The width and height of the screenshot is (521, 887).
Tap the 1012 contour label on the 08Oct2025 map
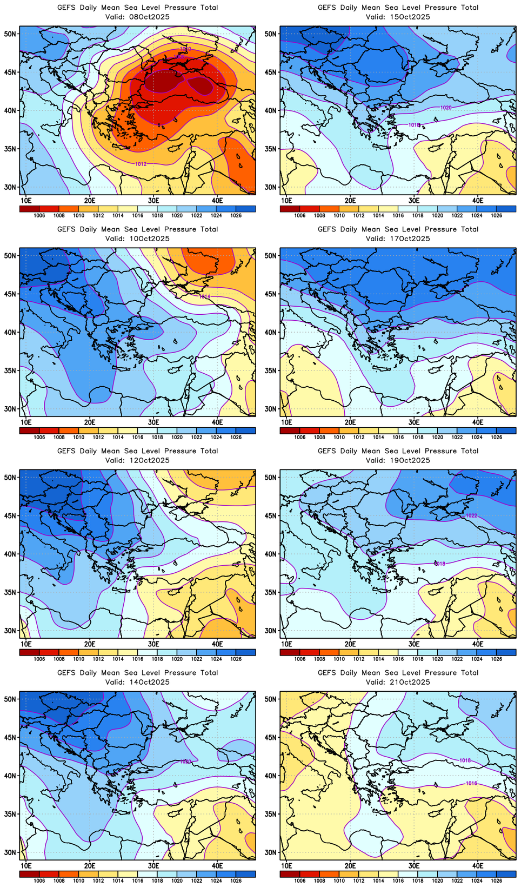tap(141, 163)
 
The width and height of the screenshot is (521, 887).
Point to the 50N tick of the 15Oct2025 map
tap(271, 34)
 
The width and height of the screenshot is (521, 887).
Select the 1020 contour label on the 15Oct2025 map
tap(445, 108)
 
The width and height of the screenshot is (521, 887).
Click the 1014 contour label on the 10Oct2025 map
tap(204, 296)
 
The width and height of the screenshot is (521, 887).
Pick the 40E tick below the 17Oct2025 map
tap(478, 422)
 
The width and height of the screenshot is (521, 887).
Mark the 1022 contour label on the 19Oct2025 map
tap(471, 515)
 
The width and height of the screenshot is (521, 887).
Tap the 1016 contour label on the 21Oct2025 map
tap(471, 783)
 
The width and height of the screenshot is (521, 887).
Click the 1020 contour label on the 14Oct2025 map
tap(185, 761)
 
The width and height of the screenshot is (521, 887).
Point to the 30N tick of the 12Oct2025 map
tap(10, 631)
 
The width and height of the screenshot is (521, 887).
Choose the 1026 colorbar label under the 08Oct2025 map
tap(236, 215)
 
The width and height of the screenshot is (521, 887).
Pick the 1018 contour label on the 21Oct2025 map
tap(465, 760)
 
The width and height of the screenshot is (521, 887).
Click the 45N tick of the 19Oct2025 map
tap(271, 515)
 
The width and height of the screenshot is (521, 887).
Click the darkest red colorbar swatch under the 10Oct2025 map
tap(29, 431)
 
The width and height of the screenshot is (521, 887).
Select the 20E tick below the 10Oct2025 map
tap(90, 422)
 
